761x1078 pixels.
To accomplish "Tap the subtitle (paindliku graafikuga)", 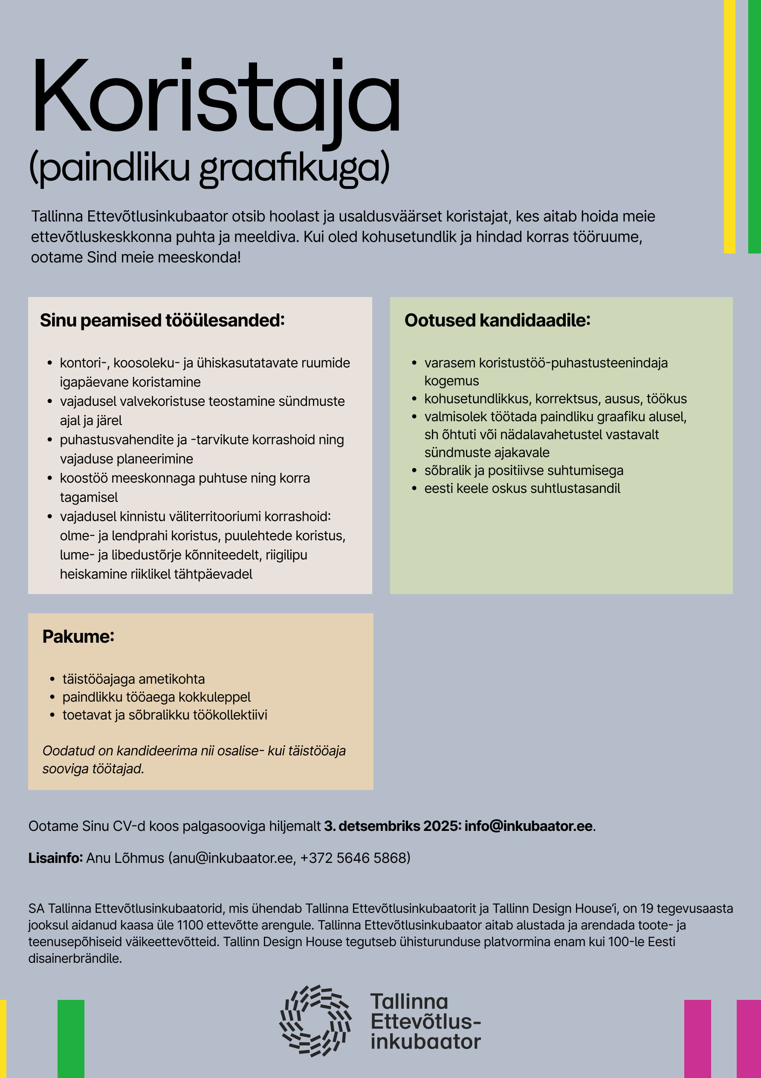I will tap(209, 168).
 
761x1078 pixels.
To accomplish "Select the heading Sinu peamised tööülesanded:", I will tap(162, 320).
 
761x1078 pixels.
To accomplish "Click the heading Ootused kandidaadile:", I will tap(498, 320).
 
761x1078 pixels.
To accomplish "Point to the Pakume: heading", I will tap(78, 636).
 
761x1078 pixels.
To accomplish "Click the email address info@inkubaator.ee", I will tap(529, 826).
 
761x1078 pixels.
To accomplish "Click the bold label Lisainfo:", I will tap(55, 858).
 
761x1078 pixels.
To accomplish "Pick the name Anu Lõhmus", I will tap(125, 858).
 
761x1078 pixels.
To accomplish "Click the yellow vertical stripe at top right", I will tap(729, 127).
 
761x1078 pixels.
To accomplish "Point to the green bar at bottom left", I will tap(71, 1039).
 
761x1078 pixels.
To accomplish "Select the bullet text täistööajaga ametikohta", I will tap(134, 679).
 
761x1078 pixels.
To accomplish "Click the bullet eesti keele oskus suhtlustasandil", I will tap(522, 488).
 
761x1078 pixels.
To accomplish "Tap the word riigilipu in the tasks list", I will tap(286, 555).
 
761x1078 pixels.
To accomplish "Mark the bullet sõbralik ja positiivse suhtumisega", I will tap(524, 470).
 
